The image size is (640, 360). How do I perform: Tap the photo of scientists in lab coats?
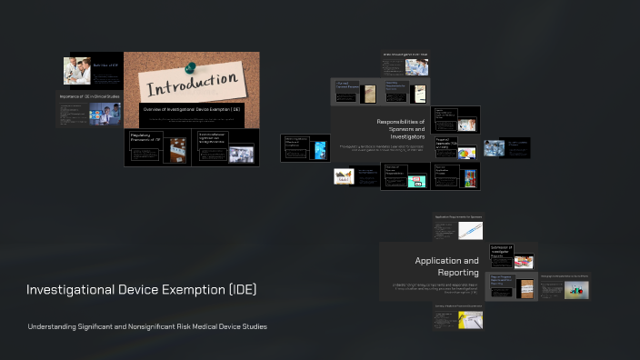tap(76, 71)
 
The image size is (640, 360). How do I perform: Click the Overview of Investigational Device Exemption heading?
tap(191, 109)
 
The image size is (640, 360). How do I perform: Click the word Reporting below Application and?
tap(458, 272)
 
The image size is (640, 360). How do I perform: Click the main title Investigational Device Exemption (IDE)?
tap(142, 290)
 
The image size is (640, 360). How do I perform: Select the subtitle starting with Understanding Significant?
tap(147, 326)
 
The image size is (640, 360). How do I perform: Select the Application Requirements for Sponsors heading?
tap(458, 217)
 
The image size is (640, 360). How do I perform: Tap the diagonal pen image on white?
tap(470, 231)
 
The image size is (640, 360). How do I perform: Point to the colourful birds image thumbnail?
tap(344, 176)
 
